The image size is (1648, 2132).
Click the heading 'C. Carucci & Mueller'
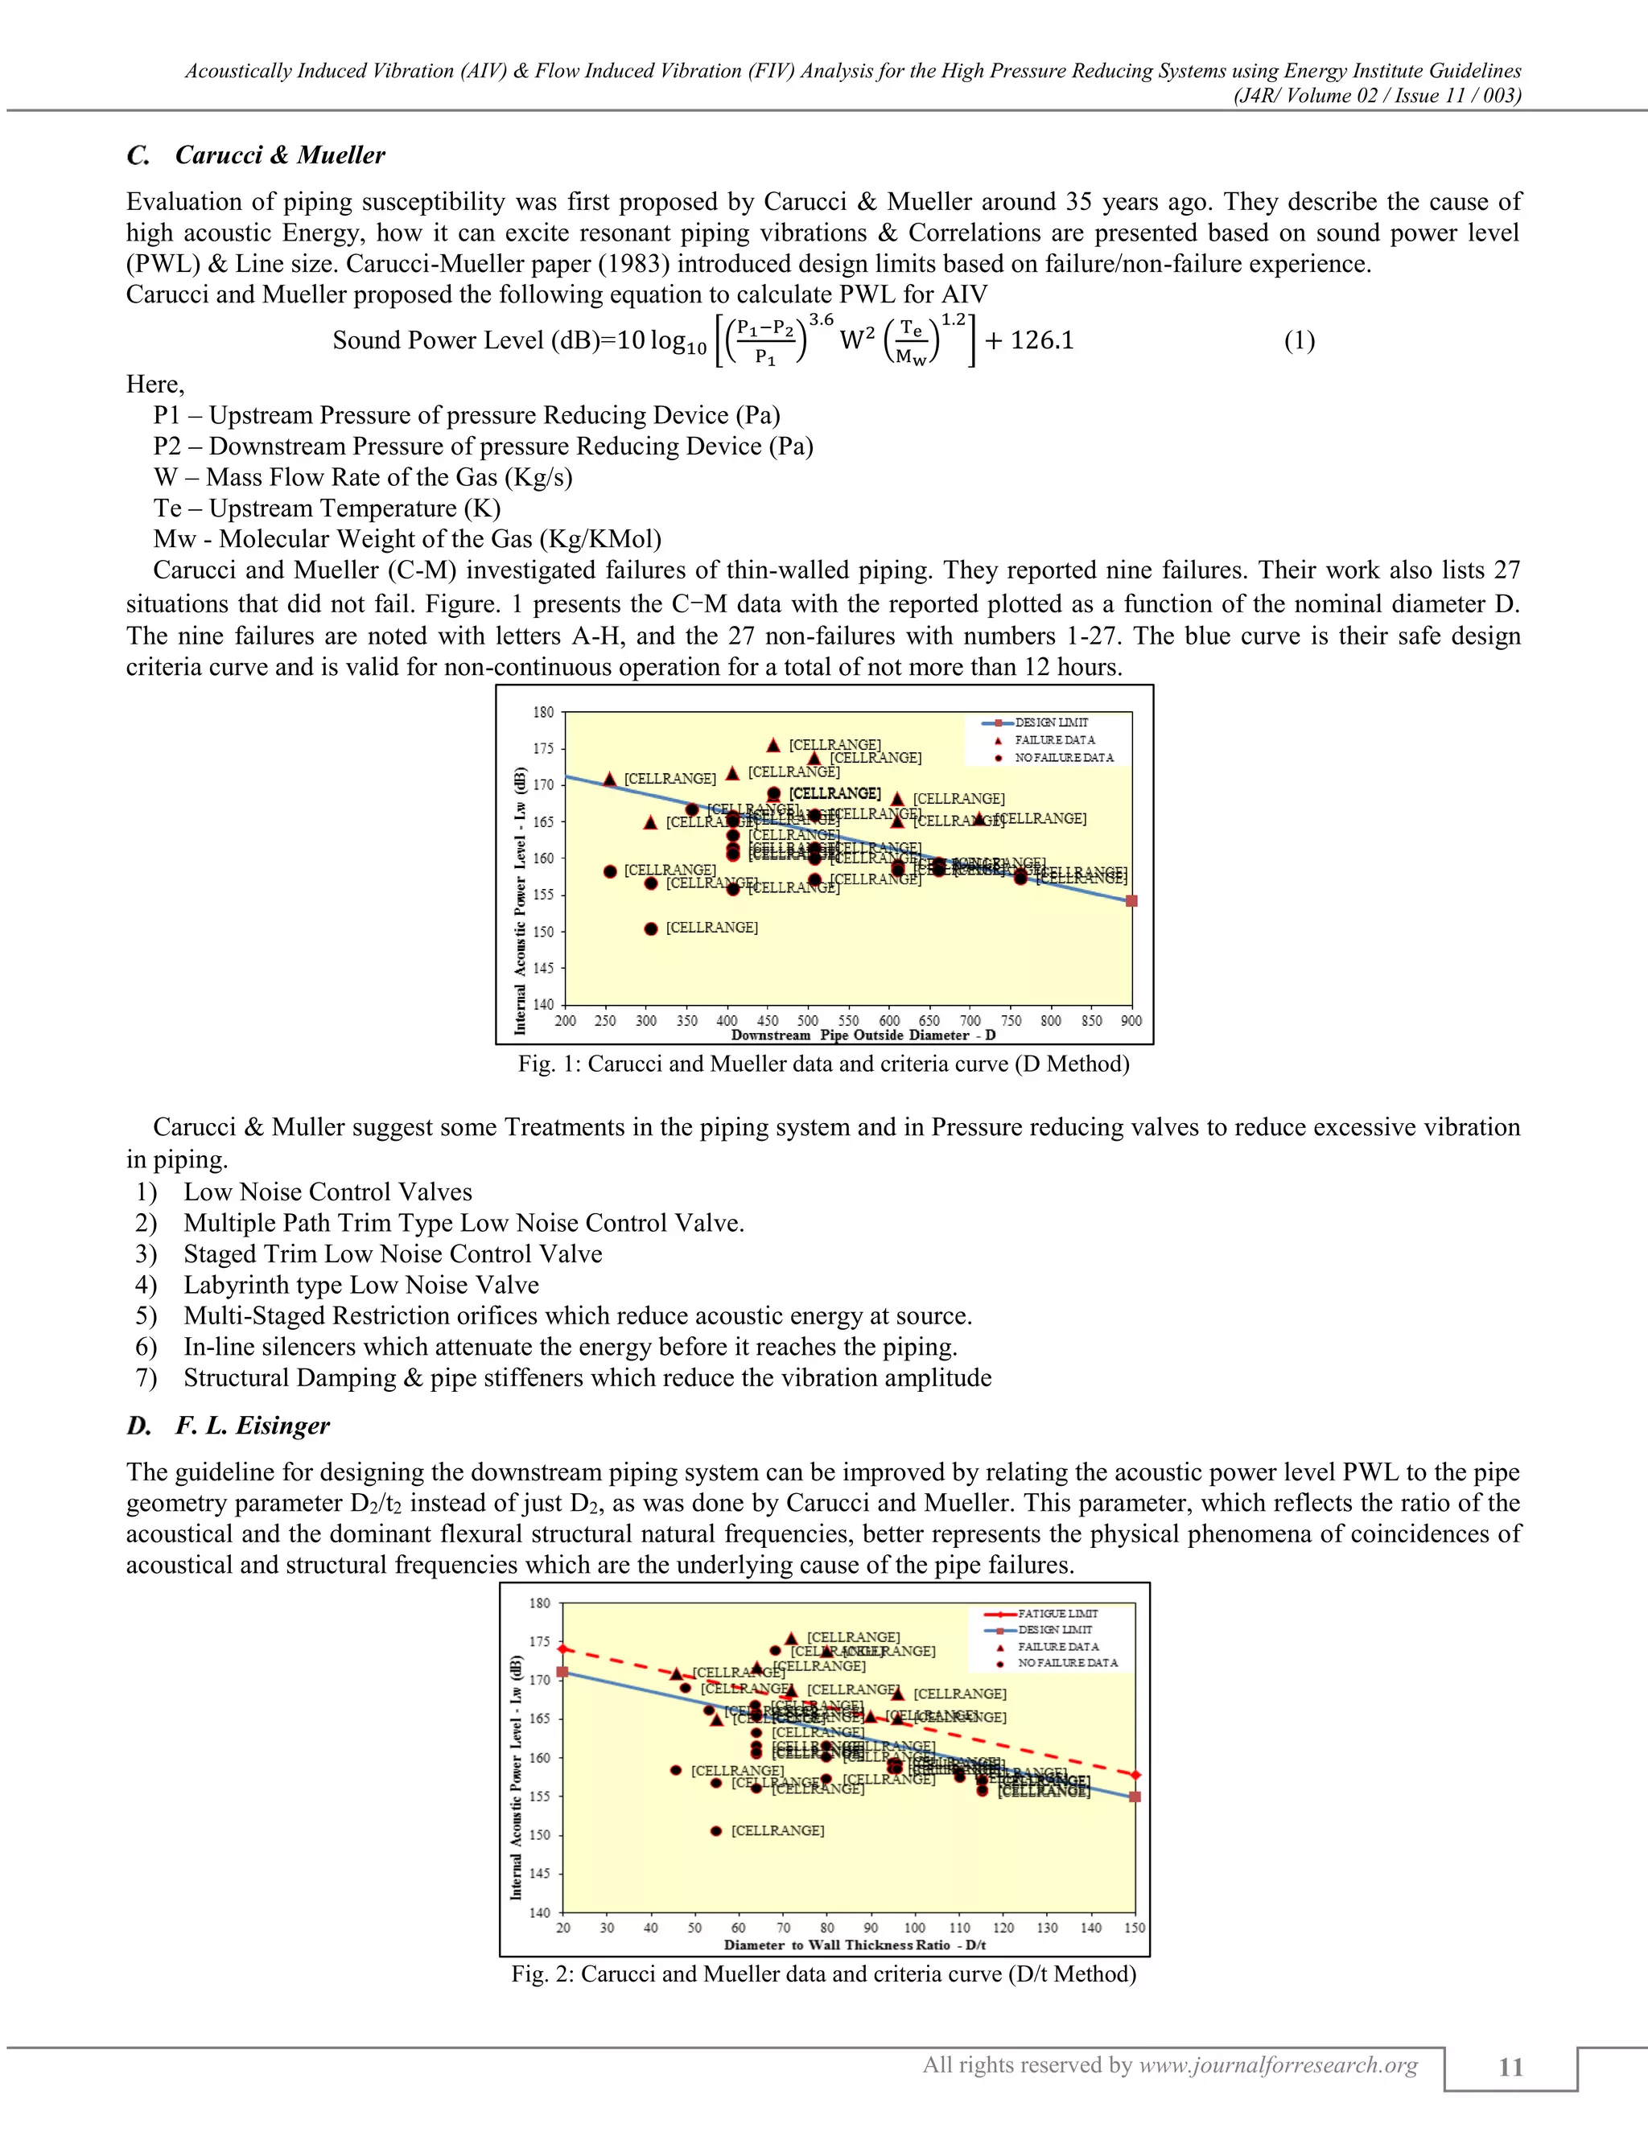click(256, 155)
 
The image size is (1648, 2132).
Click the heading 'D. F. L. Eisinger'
click(229, 1426)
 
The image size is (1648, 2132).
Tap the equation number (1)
click(1299, 340)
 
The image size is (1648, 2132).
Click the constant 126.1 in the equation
click(1042, 340)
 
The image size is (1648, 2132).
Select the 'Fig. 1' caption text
click(823, 1064)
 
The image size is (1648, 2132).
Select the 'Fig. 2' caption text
click(823, 1974)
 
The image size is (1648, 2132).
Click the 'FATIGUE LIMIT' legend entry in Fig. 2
click(1057, 1614)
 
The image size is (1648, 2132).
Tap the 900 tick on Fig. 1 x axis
click(1131, 1021)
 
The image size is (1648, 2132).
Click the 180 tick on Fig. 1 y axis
click(543, 713)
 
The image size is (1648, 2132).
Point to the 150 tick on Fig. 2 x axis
click(1135, 1928)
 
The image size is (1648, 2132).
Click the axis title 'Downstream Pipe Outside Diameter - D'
click(863, 1035)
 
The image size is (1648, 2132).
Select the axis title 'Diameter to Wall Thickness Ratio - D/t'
click(855, 1945)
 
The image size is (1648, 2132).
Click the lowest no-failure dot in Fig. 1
click(651, 928)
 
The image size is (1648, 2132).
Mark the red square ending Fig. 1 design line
click(1131, 901)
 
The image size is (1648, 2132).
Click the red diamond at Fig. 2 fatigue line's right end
click(1135, 1775)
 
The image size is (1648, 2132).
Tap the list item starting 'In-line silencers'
click(571, 1347)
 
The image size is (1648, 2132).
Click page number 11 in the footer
click(1510, 2068)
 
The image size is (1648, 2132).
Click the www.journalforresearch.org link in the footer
click(1278, 2065)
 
